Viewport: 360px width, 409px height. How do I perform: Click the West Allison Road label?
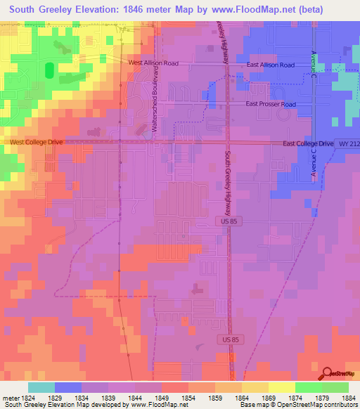point(153,63)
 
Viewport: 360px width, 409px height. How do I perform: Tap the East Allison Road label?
point(271,65)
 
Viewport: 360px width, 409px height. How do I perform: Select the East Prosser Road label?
point(271,104)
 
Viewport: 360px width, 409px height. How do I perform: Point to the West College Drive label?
point(36,142)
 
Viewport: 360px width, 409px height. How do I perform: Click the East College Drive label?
point(308,143)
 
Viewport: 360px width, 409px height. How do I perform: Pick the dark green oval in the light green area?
point(49,70)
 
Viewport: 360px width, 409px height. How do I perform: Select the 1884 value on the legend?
point(349,398)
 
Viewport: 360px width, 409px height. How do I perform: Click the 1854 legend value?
point(187,398)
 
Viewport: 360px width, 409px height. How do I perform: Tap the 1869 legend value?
point(268,398)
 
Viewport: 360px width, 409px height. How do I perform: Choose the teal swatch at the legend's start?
point(41,387)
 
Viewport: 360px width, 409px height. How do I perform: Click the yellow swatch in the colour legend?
point(281,387)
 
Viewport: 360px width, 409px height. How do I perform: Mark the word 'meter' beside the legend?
point(8,398)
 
